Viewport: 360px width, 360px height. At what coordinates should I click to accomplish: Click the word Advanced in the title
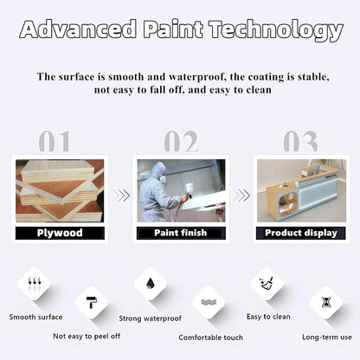[x=79, y=30]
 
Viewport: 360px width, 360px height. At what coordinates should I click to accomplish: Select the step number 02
[x=180, y=141]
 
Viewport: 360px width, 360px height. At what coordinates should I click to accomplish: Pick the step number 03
[x=300, y=141]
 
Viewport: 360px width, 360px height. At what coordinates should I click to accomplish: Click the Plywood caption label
[x=60, y=233]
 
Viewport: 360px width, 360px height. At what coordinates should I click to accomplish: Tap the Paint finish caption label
[x=180, y=233]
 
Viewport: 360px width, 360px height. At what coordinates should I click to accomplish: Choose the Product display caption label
[x=299, y=233]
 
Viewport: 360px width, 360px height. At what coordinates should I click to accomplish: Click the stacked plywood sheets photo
[x=60, y=190]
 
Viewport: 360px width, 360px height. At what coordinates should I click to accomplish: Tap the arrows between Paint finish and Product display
[x=241, y=196]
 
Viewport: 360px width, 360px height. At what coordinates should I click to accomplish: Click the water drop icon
[x=151, y=284]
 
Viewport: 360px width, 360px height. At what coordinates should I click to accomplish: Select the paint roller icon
[x=92, y=303]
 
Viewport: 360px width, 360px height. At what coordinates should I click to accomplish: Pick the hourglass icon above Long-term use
[x=326, y=303]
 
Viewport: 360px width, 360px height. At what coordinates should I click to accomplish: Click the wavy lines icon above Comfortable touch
[x=209, y=303]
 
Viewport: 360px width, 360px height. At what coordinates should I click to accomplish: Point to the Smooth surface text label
[x=35, y=317]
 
